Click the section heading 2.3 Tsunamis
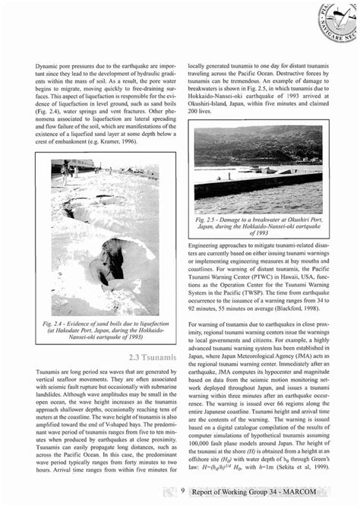point(154,356)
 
